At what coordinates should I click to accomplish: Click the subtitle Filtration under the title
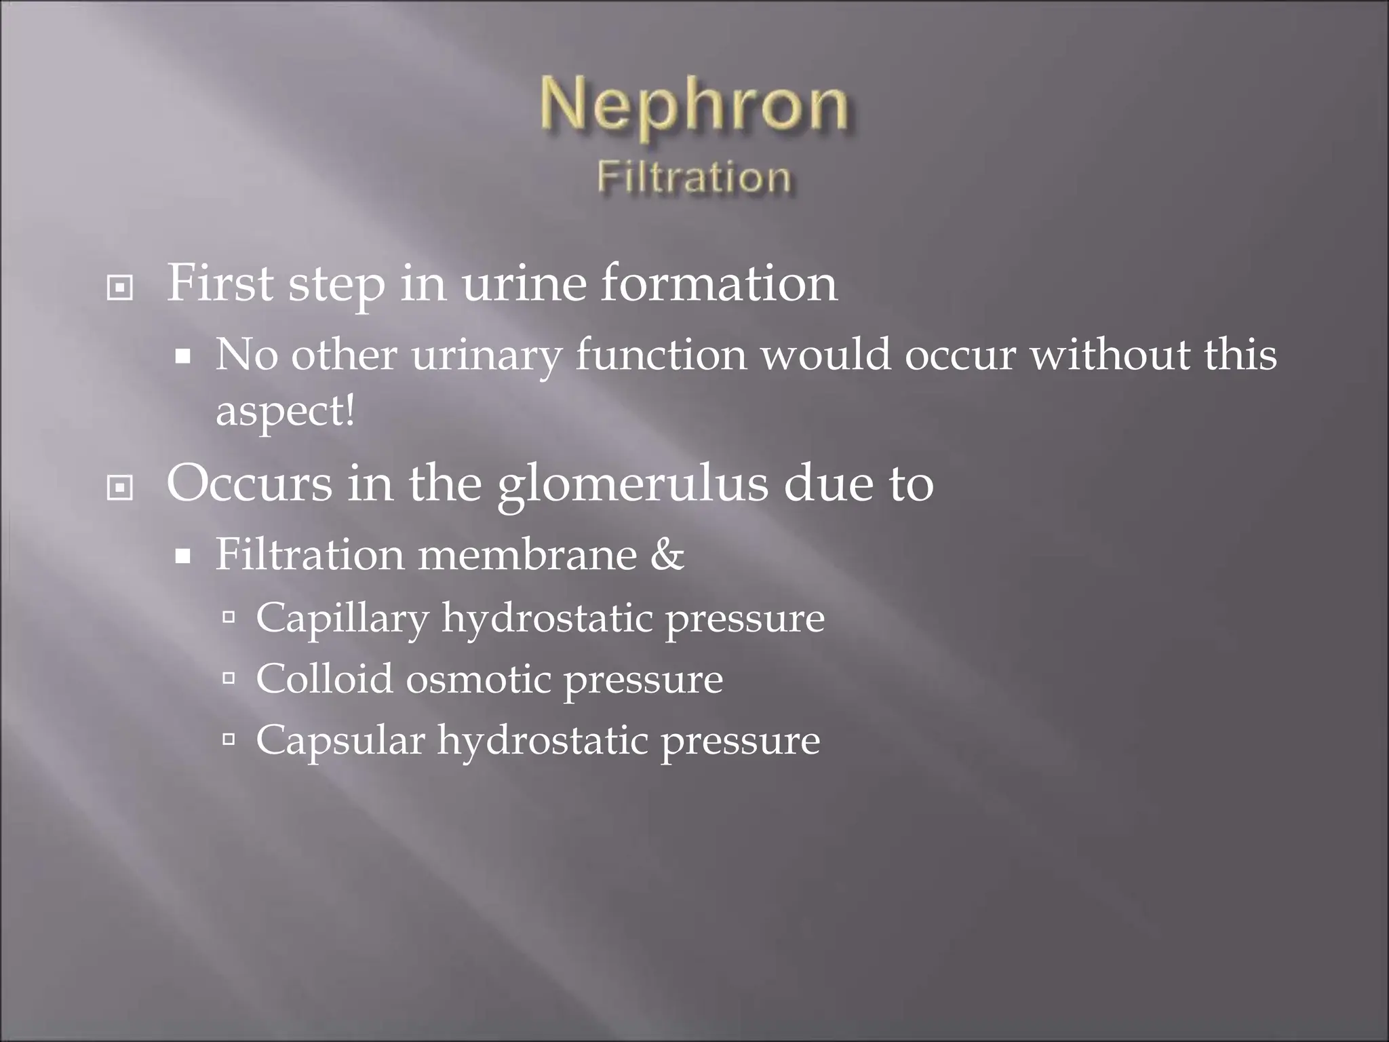tap(694, 178)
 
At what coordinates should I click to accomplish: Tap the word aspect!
tap(285, 411)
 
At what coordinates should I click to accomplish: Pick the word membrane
tap(527, 555)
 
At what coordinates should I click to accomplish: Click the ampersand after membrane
tap(667, 555)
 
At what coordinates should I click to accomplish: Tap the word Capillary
tap(342, 619)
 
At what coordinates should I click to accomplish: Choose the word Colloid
tap(324, 678)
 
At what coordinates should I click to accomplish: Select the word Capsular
tap(340, 739)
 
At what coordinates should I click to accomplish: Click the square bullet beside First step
tap(120, 288)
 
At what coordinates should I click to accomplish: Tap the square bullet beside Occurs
tap(120, 488)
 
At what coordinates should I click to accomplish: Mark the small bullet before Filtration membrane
tap(182, 558)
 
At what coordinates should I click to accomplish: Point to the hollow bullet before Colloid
tap(229, 677)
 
